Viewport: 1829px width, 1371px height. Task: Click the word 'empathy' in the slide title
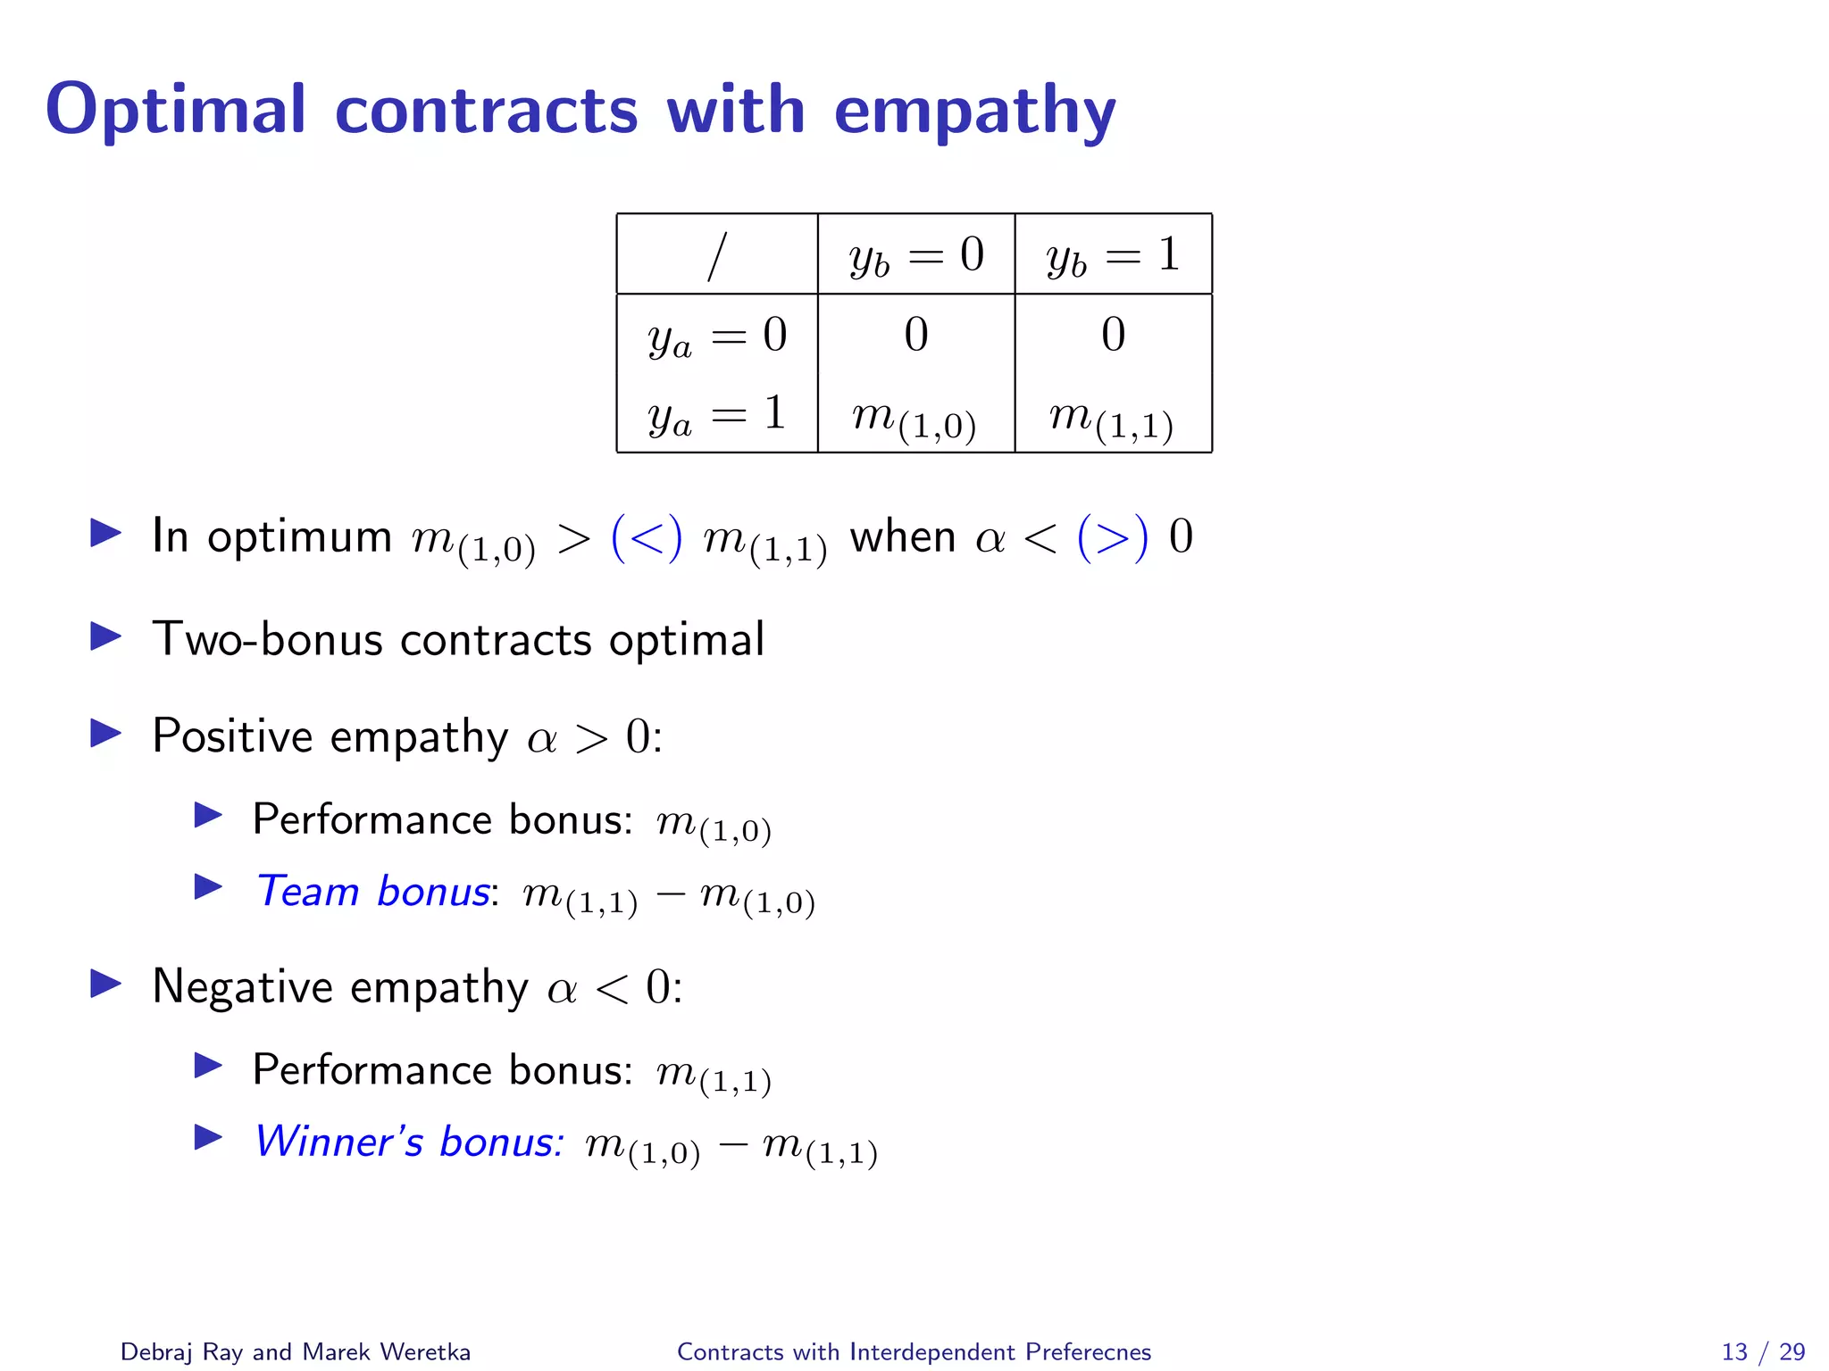[x=974, y=112]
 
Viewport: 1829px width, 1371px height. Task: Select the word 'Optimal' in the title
[x=176, y=110]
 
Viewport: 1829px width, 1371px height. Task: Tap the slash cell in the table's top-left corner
[x=716, y=256]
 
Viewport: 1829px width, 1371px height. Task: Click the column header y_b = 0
[x=916, y=256]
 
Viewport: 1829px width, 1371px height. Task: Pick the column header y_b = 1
[x=1113, y=256]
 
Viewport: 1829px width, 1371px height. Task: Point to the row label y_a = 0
[x=717, y=337]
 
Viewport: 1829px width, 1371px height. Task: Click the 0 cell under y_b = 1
[x=1113, y=335]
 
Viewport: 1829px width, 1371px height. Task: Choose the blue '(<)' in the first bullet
[x=647, y=537]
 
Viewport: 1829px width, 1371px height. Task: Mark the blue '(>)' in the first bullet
[x=1112, y=537]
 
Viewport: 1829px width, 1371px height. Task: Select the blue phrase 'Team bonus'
[x=372, y=891]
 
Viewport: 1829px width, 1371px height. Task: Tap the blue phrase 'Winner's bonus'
[x=409, y=1142]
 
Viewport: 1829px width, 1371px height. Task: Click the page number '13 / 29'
[x=1763, y=1351]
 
